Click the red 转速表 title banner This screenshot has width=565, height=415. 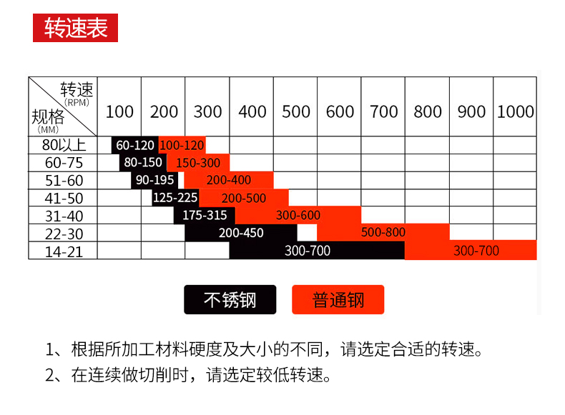coord(75,28)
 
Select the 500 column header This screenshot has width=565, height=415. coord(296,111)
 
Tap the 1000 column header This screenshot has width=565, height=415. coord(515,111)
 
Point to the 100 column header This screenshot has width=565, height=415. coord(119,111)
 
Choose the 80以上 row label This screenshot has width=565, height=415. coord(64,145)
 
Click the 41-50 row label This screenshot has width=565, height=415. coord(64,198)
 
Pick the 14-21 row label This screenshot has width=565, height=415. coord(64,251)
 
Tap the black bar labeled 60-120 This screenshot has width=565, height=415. coord(135,145)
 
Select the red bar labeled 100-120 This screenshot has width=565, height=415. coord(182,145)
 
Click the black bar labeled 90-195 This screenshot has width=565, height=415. coord(154,180)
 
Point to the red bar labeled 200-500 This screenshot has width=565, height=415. coord(244,198)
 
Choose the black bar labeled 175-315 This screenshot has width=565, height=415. coord(205,215)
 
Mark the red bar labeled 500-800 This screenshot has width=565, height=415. coord(383,232)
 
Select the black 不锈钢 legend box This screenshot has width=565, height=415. coord(230,299)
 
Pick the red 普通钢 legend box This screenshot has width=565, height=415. coord(338,299)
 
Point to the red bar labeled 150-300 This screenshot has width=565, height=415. coord(199,163)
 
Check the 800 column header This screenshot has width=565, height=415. coord(428,111)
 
